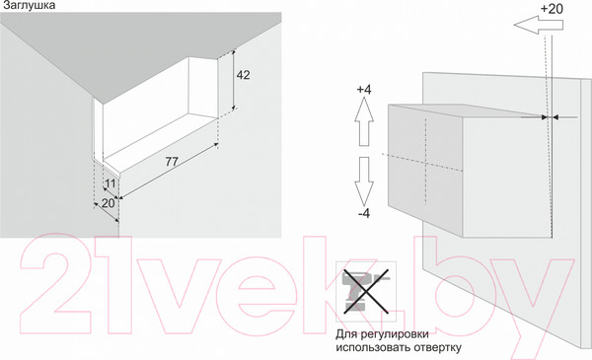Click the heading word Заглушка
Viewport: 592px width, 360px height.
pyautogui.click(x=29, y=5)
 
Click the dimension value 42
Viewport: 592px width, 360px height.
pyautogui.click(x=243, y=75)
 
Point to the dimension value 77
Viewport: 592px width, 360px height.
pyautogui.click(x=172, y=162)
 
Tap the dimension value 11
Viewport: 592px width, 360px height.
pyautogui.click(x=110, y=183)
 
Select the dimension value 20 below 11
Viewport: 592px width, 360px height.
pyautogui.click(x=108, y=203)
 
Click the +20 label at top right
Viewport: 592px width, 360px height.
pyautogui.click(x=552, y=8)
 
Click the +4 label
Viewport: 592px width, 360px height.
pyautogui.click(x=364, y=90)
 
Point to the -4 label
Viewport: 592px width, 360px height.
pyautogui.click(x=364, y=214)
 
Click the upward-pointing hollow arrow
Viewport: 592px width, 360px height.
pyautogui.click(x=364, y=121)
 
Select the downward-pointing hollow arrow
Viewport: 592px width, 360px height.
pyautogui.click(x=364, y=181)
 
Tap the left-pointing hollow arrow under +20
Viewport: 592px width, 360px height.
pyautogui.click(x=539, y=25)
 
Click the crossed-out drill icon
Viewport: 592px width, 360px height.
pyautogui.click(x=366, y=291)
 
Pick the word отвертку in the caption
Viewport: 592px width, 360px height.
pyautogui.click(x=438, y=347)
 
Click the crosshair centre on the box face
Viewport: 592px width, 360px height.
pyautogui.click(x=425, y=164)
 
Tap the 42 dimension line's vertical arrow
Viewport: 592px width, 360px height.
pyautogui.click(x=234, y=79)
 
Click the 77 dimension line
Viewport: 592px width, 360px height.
pyautogui.click(x=169, y=171)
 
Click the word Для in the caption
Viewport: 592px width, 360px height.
pyautogui.click(x=346, y=334)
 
